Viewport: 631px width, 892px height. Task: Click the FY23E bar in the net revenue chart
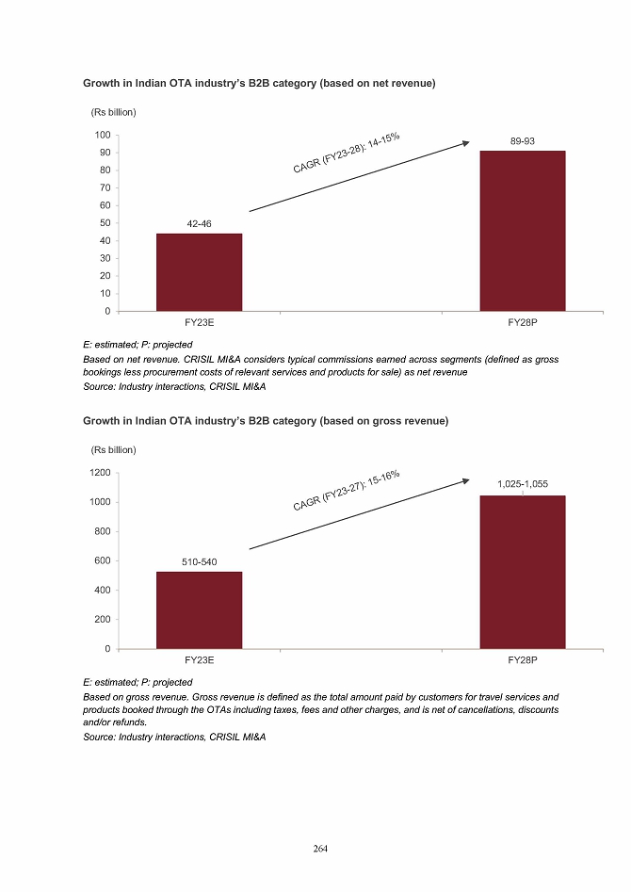click(199, 272)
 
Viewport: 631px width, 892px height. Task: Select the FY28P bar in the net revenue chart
click(523, 231)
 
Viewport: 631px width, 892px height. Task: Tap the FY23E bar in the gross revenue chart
click(199, 610)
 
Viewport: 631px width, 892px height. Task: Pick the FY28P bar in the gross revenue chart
click(523, 572)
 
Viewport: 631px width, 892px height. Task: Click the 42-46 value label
click(199, 224)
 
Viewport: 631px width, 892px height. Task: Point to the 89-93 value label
click(523, 141)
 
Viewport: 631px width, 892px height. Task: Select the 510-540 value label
click(199, 562)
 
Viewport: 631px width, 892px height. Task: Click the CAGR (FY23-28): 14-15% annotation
click(347, 153)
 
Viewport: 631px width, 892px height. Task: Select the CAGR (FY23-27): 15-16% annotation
click(347, 491)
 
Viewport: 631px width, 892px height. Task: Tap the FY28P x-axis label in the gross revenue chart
click(523, 660)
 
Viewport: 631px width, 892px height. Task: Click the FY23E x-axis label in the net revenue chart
click(199, 322)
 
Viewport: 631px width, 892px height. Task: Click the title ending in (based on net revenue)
click(259, 84)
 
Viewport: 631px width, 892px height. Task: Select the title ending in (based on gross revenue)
click(266, 421)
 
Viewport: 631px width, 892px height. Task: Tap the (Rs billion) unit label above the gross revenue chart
click(114, 449)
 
